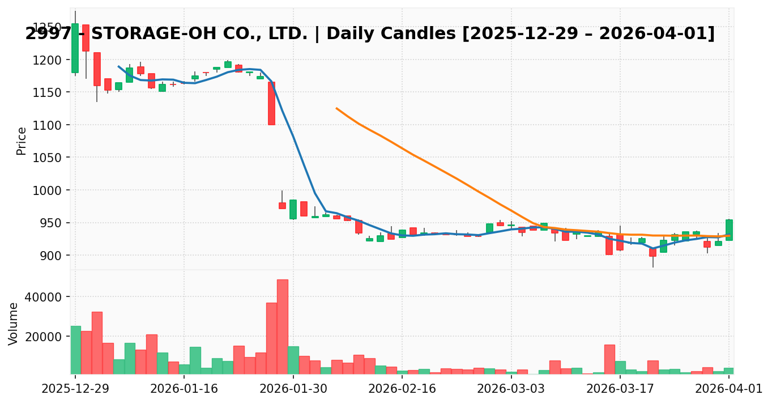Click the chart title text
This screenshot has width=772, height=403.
click(x=370, y=34)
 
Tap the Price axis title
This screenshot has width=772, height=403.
click(x=22, y=141)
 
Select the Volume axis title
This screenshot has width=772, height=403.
click(x=14, y=323)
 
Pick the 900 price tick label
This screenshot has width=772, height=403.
click(x=52, y=256)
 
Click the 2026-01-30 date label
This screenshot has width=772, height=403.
click(x=293, y=389)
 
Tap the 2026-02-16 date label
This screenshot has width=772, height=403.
click(x=402, y=389)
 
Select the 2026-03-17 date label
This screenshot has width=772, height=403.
click(x=620, y=389)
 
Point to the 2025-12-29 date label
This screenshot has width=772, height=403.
click(x=75, y=389)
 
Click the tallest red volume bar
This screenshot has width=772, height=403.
click(x=282, y=326)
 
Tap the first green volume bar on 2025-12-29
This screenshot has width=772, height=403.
click(x=75, y=350)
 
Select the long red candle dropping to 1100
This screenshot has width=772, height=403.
click(x=271, y=103)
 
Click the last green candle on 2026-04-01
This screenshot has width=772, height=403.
click(x=729, y=230)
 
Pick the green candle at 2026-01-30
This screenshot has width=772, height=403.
click(x=293, y=209)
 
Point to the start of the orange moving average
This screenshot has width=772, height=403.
click(x=336, y=108)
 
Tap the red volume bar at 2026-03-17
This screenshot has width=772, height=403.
click(x=609, y=359)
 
